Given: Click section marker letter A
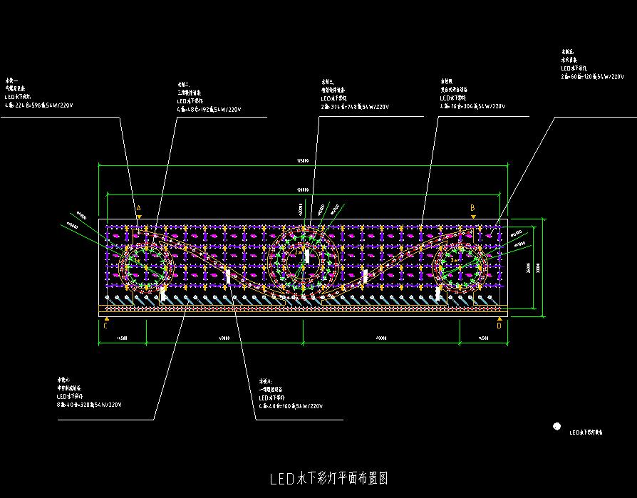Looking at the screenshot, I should coord(139,208).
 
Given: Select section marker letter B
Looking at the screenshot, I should coord(472,207).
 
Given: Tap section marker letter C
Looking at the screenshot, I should coord(106,326).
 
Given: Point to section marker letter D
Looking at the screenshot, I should coord(499,326).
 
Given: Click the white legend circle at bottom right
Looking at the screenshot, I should coord(556,426).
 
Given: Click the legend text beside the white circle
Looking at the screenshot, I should coord(586,432).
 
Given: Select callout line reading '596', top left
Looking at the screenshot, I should coord(39,105).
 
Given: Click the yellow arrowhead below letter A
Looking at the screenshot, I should coord(139,215).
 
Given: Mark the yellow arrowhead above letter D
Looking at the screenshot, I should coord(499,318).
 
